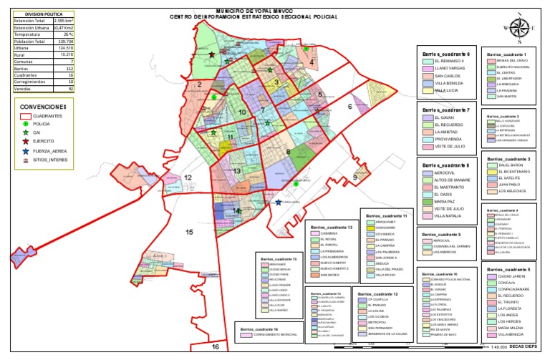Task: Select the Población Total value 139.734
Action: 64,42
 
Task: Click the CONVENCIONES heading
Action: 44,105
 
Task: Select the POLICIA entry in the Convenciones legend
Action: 45,124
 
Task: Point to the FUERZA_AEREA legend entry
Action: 51,152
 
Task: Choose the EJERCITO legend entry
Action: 47,142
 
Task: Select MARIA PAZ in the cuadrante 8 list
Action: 445,202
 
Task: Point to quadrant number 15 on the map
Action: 189,232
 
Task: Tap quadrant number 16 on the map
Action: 216,346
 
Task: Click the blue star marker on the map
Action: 278,203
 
